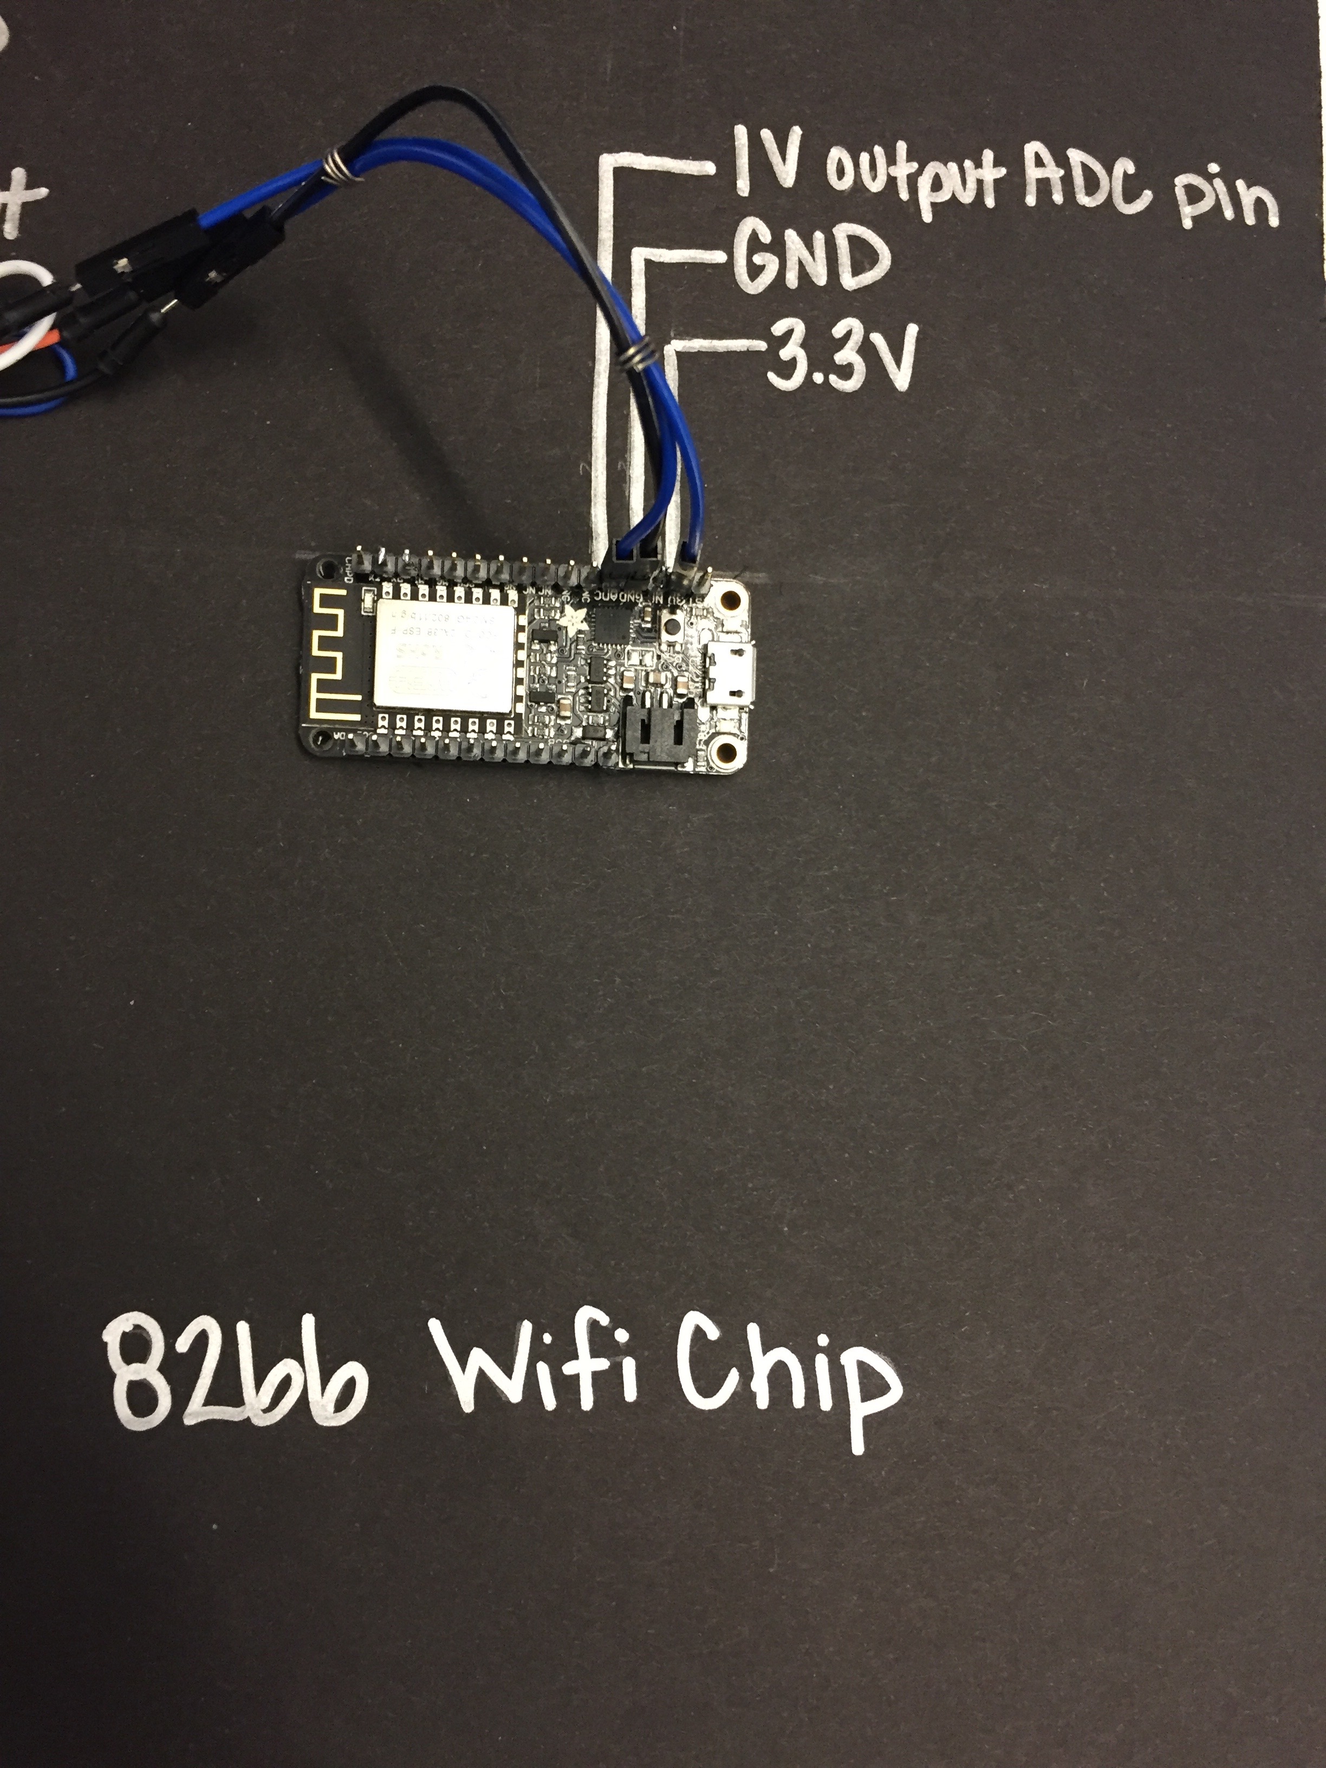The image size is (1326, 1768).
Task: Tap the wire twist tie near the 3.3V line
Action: [x=637, y=353]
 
